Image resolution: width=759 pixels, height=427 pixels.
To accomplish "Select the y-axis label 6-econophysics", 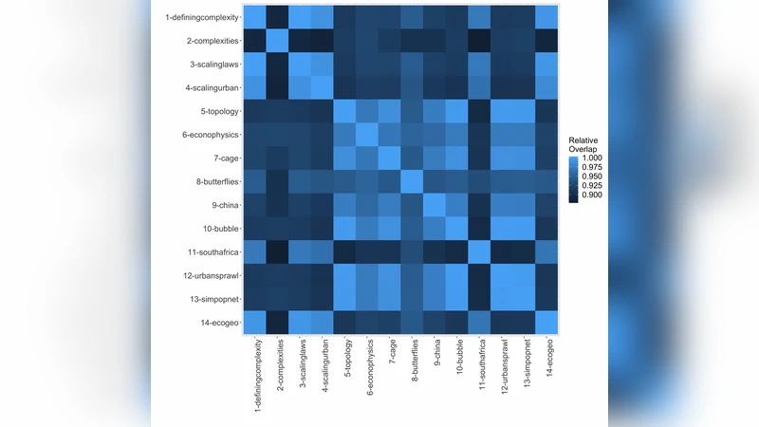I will click(210, 135).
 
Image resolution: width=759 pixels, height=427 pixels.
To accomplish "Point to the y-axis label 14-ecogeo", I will click(216, 325).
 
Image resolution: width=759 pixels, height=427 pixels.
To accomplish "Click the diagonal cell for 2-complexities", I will click(276, 41).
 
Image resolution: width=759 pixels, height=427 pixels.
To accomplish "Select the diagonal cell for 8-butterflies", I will click(413, 182).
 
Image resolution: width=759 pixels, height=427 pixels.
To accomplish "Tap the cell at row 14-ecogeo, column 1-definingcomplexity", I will click(253, 324).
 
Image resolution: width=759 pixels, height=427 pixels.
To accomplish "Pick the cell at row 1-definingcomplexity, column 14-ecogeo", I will click(548, 17).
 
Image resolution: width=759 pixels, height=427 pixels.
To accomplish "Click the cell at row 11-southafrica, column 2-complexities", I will click(276, 253).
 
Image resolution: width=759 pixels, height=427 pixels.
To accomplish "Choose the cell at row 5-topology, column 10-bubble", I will click(457, 112).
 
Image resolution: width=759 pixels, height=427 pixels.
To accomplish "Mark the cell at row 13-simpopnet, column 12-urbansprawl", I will click(503, 300).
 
